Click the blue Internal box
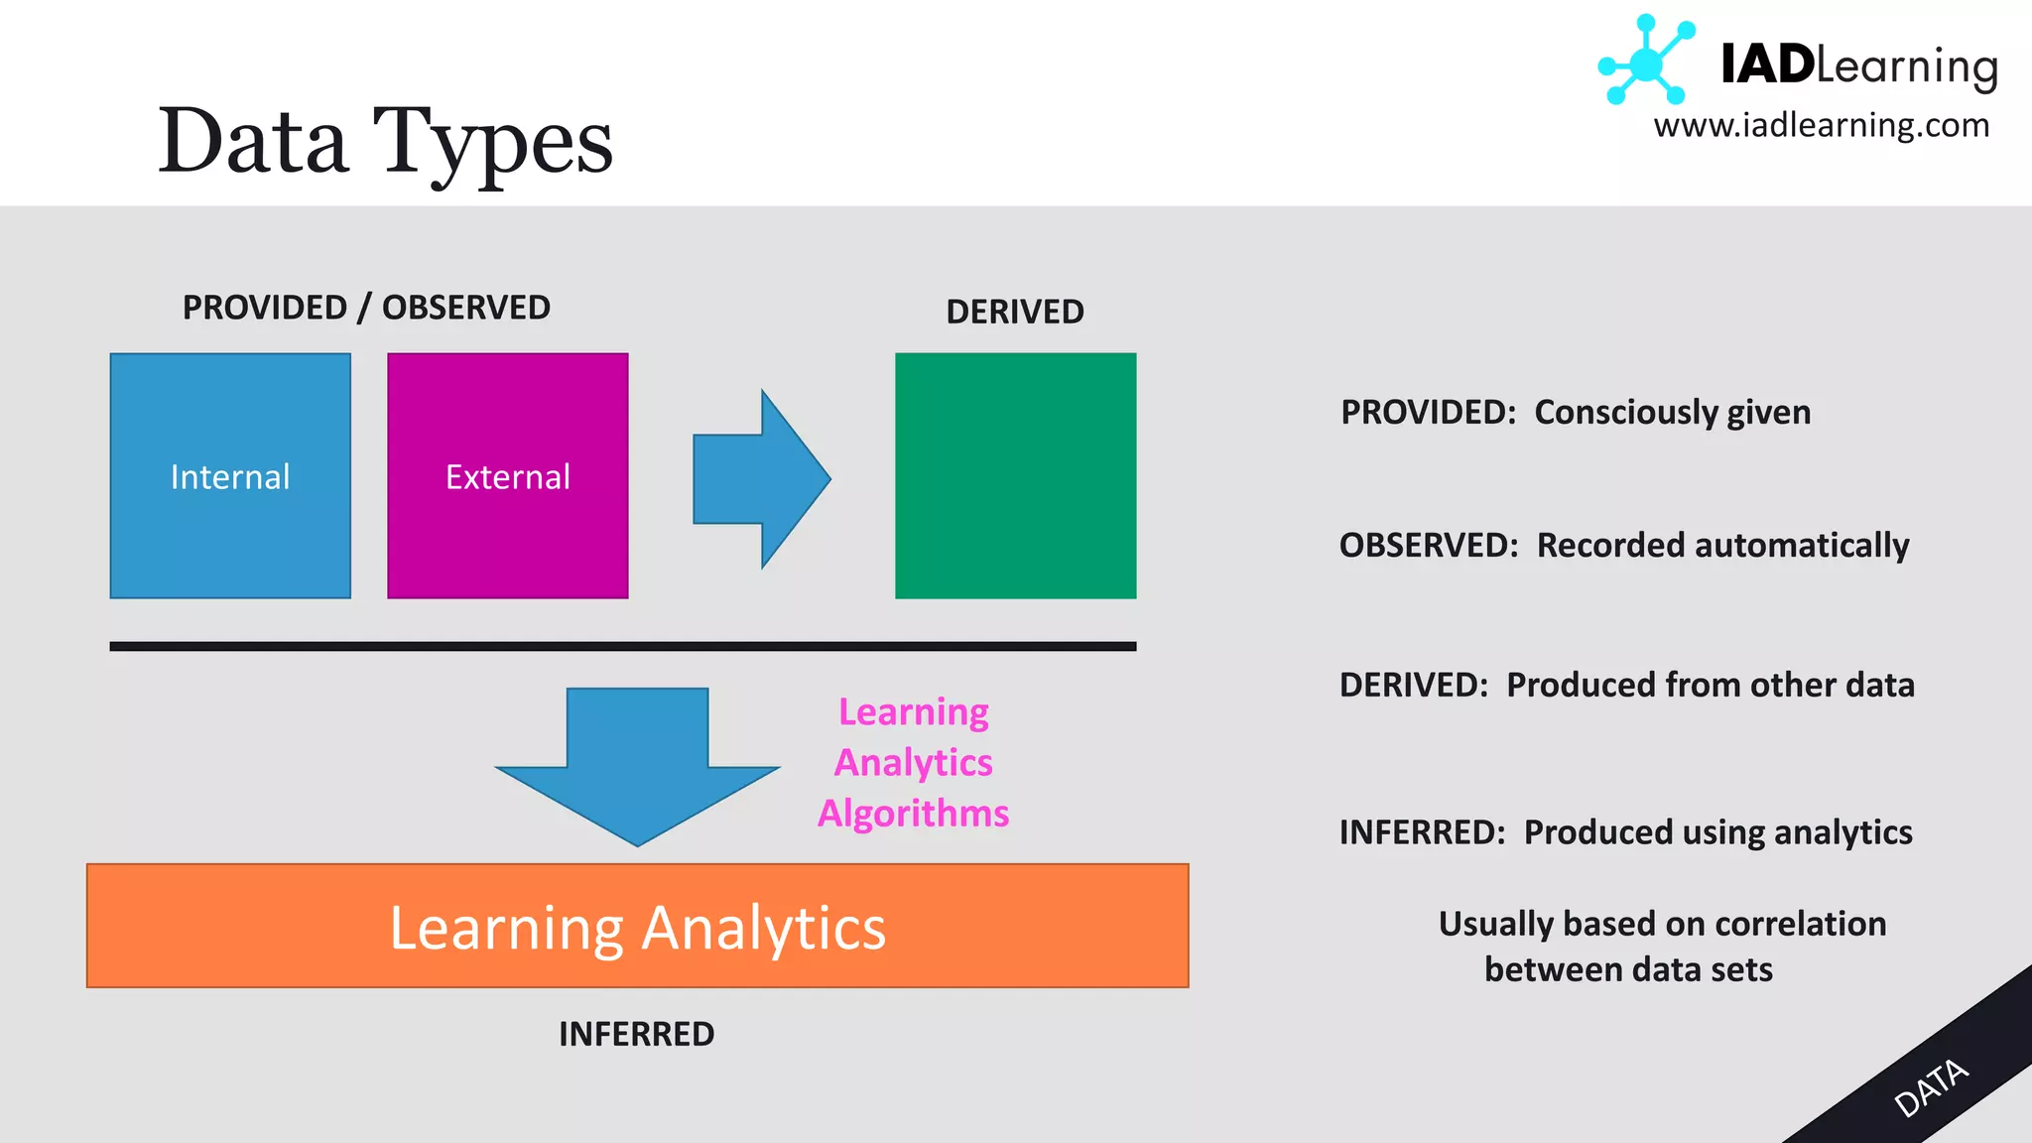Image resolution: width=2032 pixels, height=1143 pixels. coord(230,475)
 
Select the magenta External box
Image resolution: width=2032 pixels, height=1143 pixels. coord(507,475)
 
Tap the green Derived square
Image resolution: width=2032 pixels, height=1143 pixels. coord(1015,475)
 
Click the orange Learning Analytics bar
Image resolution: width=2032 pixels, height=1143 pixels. coord(637,926)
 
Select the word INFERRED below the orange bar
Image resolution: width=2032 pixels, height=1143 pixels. coord(636,1034)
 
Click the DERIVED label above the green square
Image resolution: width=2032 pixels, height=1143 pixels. coord(1014,312)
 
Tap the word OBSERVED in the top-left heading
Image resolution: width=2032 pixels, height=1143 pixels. coord(465,308)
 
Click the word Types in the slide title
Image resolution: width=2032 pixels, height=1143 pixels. coord(492,142)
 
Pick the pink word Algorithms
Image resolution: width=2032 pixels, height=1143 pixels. coord(913,814)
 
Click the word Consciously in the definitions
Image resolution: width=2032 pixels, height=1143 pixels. coord(1625,412)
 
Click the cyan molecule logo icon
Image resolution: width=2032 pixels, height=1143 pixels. coord(1645,62)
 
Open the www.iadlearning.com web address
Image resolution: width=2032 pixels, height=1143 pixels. coord(1821,126)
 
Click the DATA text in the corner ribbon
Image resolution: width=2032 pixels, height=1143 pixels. coord(1930,1087)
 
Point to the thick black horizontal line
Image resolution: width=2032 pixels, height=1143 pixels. coord(622,646)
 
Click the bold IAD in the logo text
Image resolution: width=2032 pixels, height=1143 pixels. coord(1767,64)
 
